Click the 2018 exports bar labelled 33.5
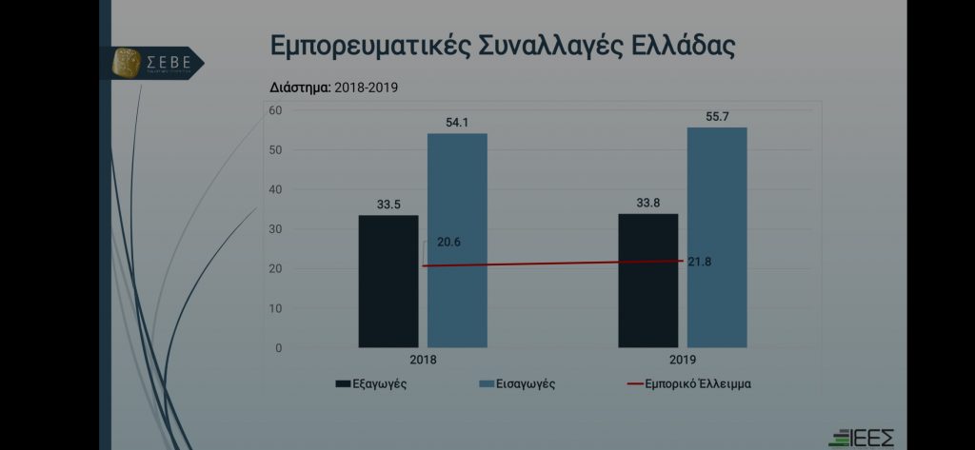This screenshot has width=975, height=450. pyautogui.click(x=388, y=282)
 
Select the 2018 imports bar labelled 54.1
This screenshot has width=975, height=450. pyautogui.click(x=457, y=241)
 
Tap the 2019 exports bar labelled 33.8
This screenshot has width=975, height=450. pyautogui.click(x=647, y=281)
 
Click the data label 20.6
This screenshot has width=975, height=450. pyautogui.click(x=449, y=243)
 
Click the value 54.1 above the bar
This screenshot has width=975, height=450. pyautogui.click(x=457, y=122)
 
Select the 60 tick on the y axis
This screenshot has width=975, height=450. pyautogui.click(x=276, y=110)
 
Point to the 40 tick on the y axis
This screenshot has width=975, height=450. pyautogui.click(x=276, y=189)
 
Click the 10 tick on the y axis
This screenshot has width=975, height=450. pyautogui.click(x=276, y=308)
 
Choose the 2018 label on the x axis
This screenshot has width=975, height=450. pyautogui.click(x=423, y=361)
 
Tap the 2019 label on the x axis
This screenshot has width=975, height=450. pyautogui.click(x=683, y=361)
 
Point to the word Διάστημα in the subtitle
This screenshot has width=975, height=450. pyautogui.click(x=300, y=88)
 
